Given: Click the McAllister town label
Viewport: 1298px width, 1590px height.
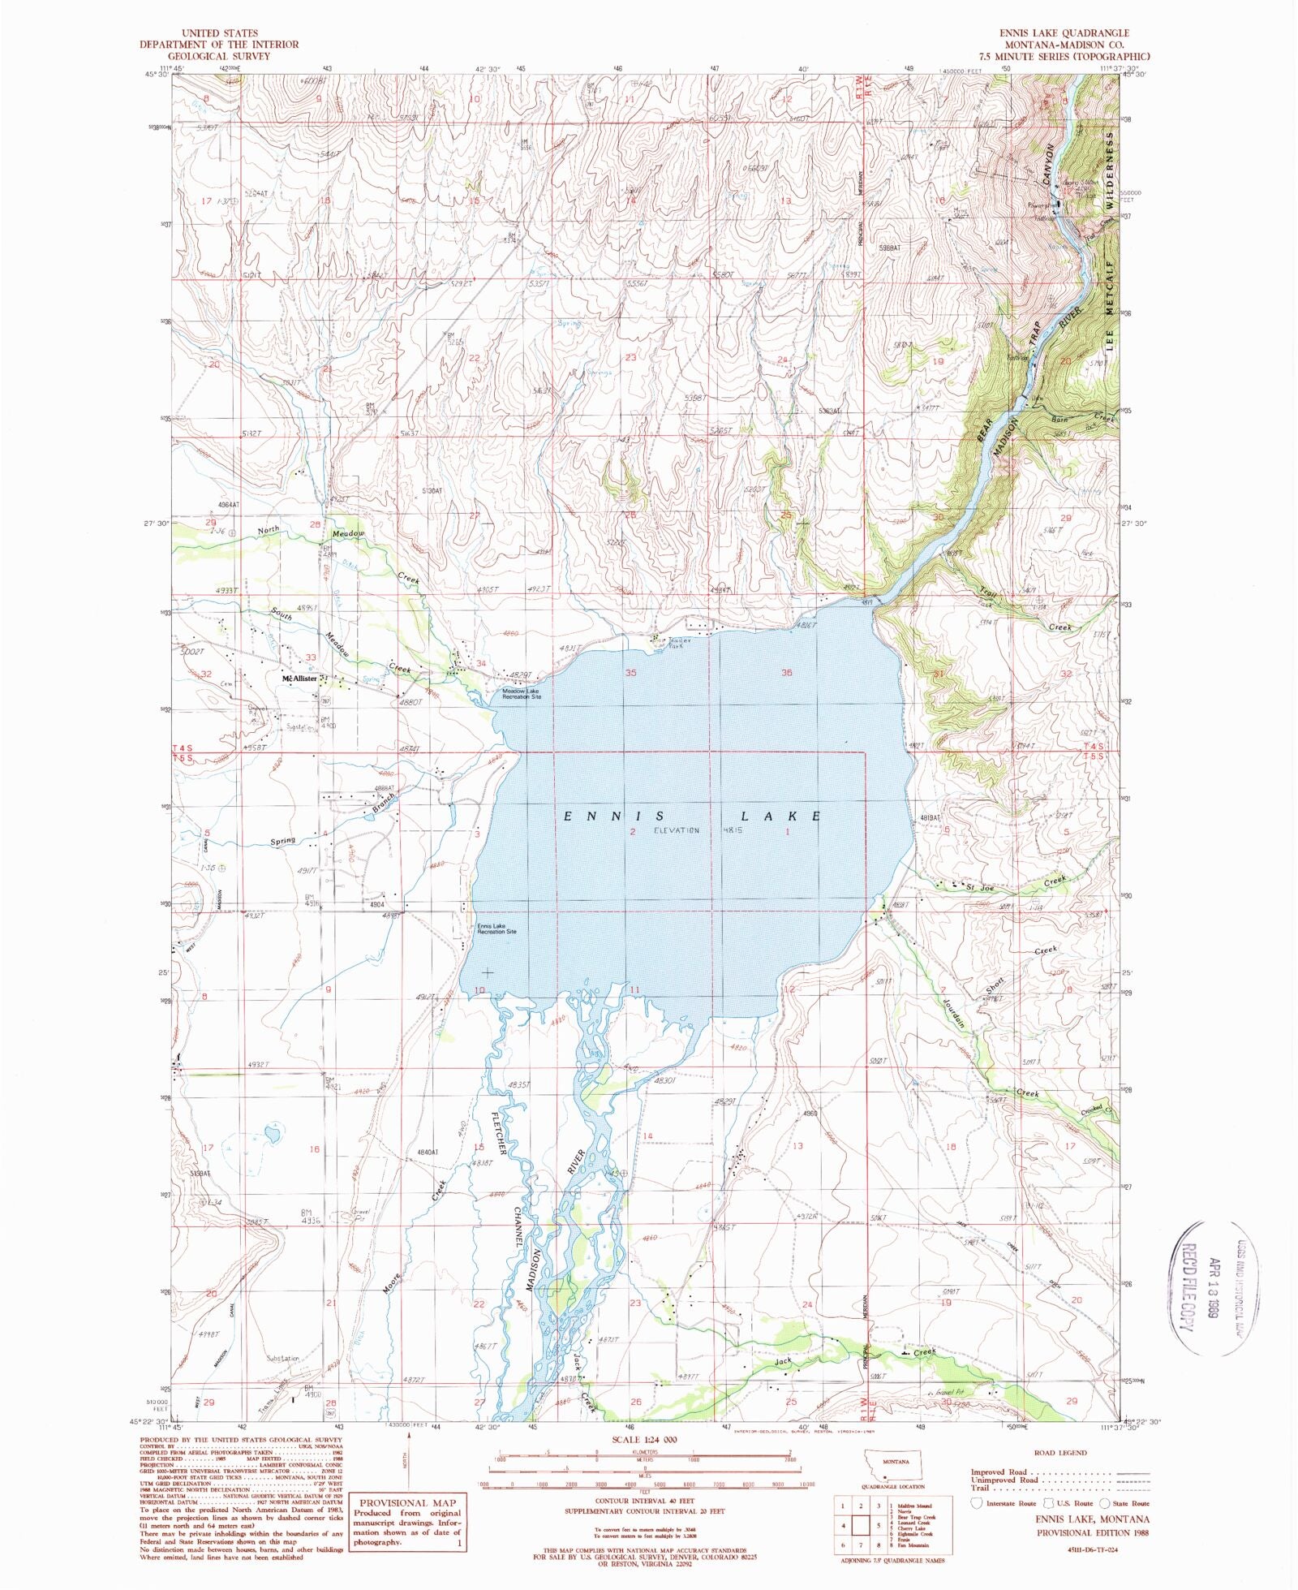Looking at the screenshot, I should coord(299,678).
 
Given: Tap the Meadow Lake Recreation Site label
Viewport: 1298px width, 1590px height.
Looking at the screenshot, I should coord(521,694).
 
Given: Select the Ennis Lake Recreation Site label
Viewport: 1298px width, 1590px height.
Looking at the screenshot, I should coord(496,929).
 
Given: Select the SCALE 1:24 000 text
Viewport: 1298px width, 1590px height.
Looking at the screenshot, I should coord(645,1440).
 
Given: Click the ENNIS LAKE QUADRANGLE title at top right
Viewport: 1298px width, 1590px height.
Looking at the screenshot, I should coord(1064,33).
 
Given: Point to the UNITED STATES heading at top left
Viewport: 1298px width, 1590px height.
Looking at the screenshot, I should coord(219,33).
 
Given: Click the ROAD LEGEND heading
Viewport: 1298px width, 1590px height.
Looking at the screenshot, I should coord(1060,1453).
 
